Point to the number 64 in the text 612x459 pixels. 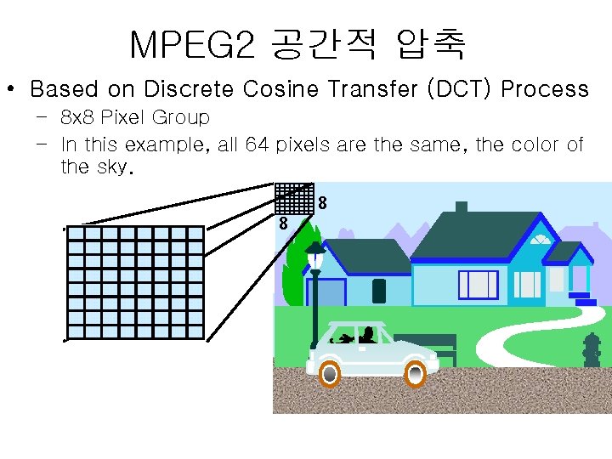255,144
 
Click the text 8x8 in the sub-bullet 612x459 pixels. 76,117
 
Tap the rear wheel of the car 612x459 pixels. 415,373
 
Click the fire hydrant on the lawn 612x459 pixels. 592,349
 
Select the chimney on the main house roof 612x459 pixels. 462,208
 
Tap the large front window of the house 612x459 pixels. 479,285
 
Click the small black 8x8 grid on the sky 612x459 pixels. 295,198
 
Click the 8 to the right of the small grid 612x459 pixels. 323,204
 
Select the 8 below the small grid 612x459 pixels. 283,224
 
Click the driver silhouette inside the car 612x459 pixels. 367,333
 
